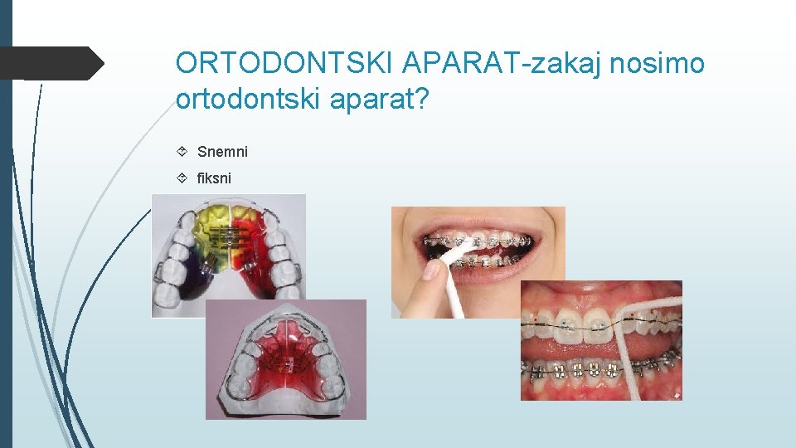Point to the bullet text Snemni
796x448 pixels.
(222, 152)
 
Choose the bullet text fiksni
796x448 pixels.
(214, 178)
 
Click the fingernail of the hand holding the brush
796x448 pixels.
(431, 270)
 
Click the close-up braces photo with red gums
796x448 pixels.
(601, 340)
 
